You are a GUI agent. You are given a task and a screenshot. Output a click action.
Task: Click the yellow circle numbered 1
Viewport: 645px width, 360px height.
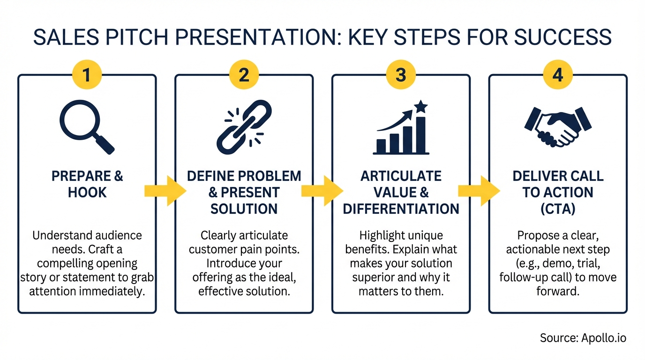[87, 75]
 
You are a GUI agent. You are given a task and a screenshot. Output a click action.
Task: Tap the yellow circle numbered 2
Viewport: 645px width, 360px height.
[244, 75]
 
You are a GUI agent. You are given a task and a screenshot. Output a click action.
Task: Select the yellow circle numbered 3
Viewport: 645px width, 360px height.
[401, 75]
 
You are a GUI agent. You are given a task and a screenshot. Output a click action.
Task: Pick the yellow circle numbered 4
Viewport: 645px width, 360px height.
[557, 75]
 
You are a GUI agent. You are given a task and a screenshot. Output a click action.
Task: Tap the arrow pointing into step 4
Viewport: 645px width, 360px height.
[479, 190]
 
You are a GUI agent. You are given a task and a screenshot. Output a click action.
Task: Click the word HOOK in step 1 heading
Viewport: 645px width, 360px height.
[87, 192]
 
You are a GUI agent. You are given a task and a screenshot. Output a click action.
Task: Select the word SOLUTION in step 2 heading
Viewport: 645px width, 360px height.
[244, 209]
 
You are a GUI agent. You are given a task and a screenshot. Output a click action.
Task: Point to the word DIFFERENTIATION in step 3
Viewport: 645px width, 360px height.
[401, 209]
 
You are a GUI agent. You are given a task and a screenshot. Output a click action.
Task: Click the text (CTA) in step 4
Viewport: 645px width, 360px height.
[558, 209]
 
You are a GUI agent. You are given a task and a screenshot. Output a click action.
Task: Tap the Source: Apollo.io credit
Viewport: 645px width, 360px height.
[583, 338]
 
